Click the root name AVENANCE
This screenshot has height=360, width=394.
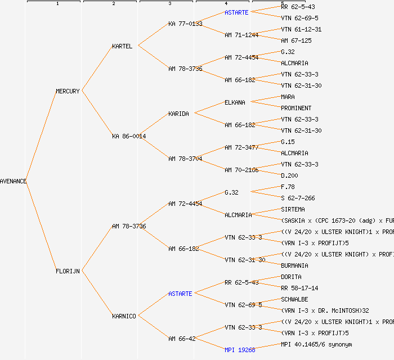pos(14,181)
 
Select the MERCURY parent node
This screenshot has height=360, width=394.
pos(68,91)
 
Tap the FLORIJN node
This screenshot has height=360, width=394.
pos(68,271)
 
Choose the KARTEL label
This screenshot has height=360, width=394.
pos(122,46)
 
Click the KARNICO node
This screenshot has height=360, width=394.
pos(124,316)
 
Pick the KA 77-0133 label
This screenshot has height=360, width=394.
pos(185,24)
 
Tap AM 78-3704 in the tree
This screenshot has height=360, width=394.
pos(185,159)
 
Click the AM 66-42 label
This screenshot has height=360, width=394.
pos(182,339)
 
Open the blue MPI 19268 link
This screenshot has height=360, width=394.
pos(240,350)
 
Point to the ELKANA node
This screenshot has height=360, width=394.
pos(235,102)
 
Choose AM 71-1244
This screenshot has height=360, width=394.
pos(241,35)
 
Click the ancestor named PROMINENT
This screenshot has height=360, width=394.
pos(296,108)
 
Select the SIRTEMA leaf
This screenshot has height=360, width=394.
pos(293,209)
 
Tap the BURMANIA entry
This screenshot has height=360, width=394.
pos(294,265)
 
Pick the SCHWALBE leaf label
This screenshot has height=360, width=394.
pos(294,299)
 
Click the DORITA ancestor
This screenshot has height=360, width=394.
pos(291,277)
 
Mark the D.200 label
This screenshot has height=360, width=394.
pos(289,175)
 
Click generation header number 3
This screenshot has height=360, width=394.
pos(169,4)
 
